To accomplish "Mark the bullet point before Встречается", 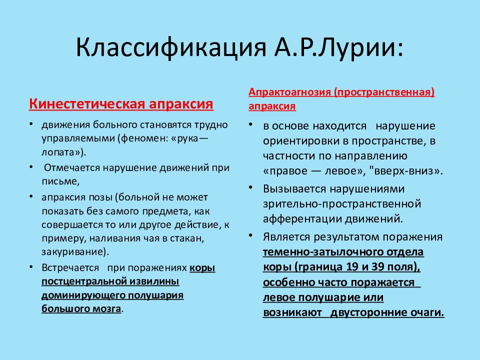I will [x=31, y=267].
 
